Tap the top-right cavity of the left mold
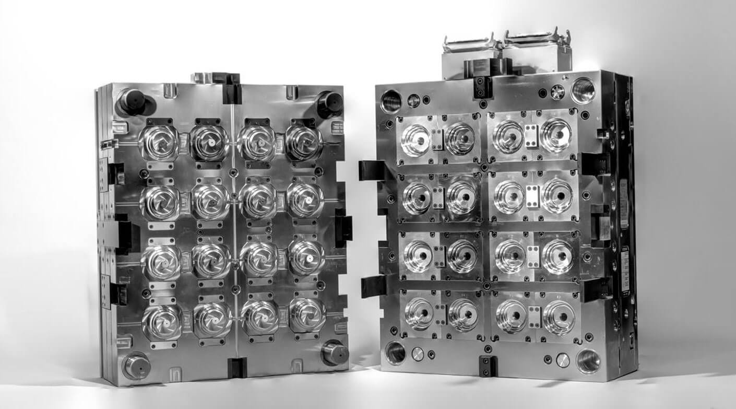(304, 142)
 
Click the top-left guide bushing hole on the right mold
(391, 100)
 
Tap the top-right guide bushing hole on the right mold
(583, 90)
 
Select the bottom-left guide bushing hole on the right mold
(395, 352)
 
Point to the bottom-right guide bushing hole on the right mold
(588, 360)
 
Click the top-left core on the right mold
(416, 139)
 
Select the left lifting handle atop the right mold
(469, 41)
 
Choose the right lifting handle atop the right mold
(538, 38)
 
